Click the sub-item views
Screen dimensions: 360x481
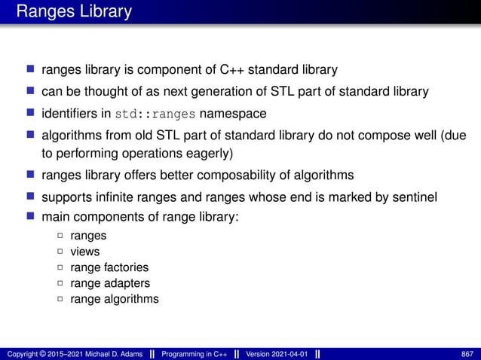pos(84,252)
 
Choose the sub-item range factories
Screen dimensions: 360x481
pos(109,267)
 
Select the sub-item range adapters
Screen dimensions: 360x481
pos(109,283)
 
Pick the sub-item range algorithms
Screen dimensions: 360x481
pos(114,299)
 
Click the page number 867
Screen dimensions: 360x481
pos(467,353)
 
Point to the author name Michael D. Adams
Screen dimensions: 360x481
pos(111,353)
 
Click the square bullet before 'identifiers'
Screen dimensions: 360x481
pos(31,114)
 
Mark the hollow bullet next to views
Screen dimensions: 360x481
pos(60,252)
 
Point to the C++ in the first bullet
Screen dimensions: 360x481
pos(231,70)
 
